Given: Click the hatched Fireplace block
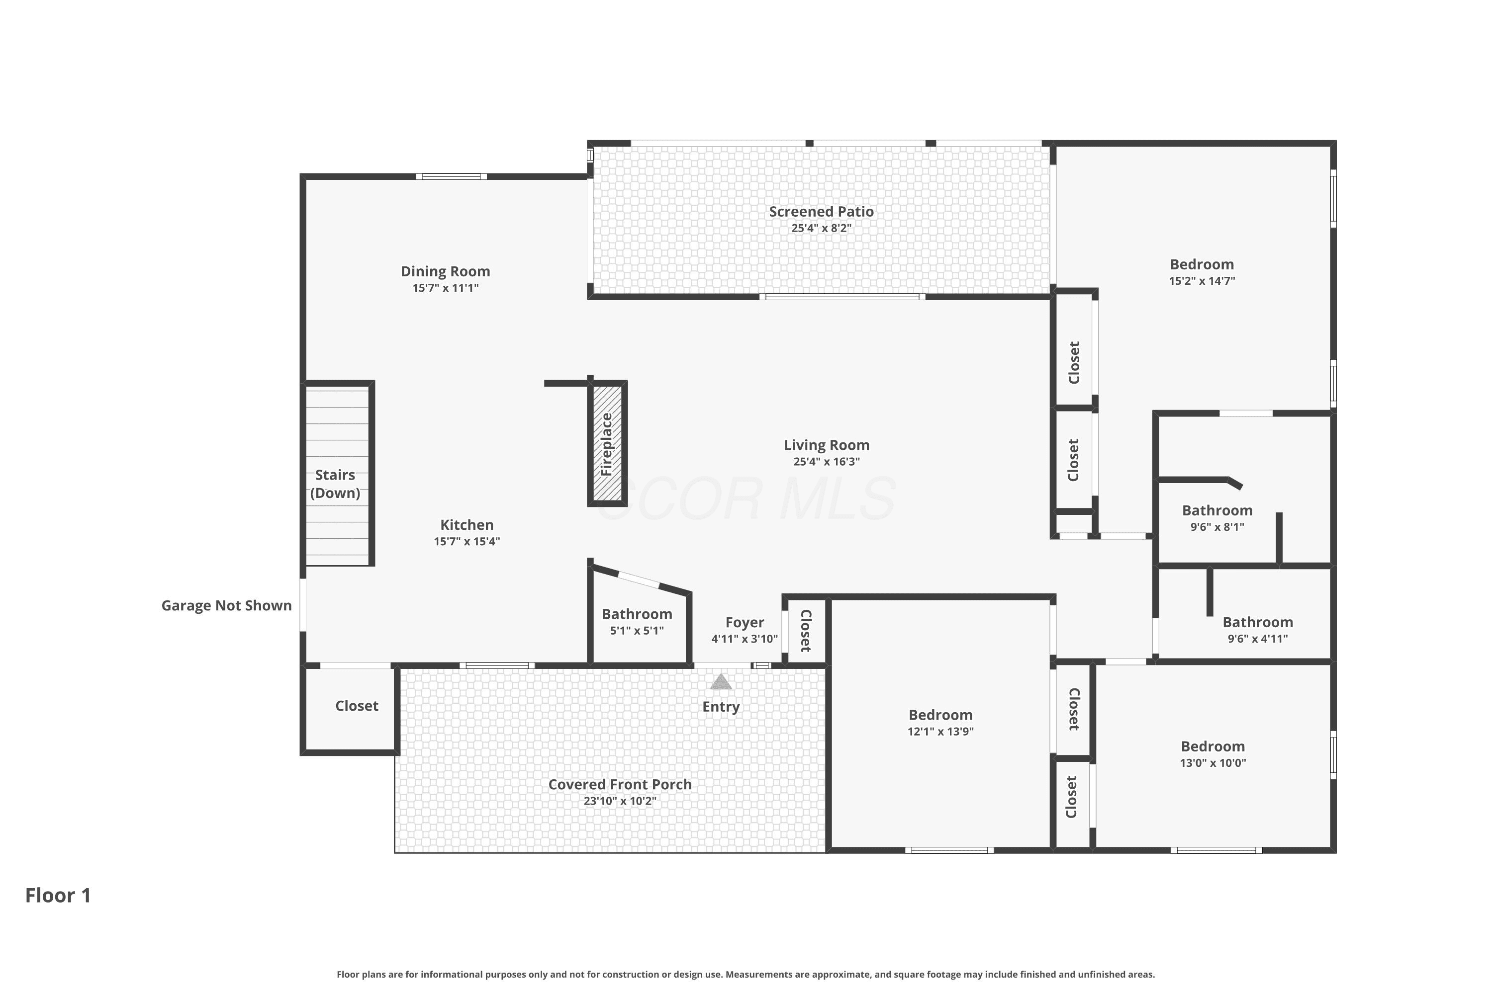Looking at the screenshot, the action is (x=608, y=443).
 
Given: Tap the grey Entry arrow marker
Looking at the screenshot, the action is (x=721, y=681).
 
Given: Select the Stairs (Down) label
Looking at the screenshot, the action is (x=335, y=484).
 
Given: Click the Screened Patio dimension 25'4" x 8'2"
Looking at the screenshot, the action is (x=822, y=228).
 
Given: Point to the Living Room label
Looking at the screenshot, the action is (x=827, y=445).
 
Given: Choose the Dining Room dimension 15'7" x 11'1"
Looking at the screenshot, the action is (x=445, y=288).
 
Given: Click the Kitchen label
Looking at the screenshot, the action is (x=467, y=525).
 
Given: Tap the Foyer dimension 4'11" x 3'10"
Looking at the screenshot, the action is (x=745, y=639).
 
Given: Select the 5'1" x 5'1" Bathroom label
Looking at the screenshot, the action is (x=637, y=614).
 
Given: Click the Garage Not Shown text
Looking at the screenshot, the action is (x=226, y=605).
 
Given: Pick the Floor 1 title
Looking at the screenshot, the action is (x=58, y=895).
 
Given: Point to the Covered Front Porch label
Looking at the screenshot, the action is (x=620, y=784).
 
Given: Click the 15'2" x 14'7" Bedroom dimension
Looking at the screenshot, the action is (x=1202, y=281).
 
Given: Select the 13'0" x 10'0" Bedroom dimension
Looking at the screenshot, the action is (x=1213, y=763).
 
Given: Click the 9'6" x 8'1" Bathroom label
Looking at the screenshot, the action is (x=1217, y=510).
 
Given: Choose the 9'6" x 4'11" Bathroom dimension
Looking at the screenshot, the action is (x=1258, y=639).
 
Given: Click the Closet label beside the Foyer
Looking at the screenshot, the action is (x=806, y=631).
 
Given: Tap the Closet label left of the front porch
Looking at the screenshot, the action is (x=357, y=706).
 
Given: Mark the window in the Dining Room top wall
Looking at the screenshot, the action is (x=452, y=176).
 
